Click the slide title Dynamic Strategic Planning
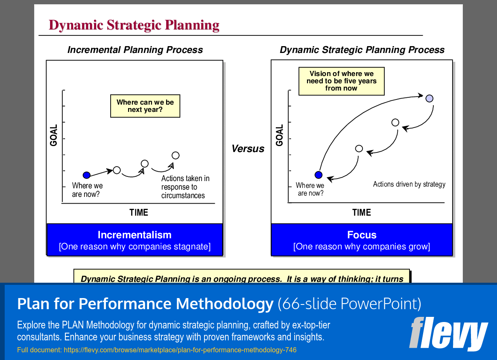pos(134,25)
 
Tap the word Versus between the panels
pos(248,149)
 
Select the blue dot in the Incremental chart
pos(87,175)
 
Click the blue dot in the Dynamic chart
pos(318,175)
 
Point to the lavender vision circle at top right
pos(430,98)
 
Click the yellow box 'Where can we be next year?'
pos(145,106)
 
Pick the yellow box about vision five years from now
pos(341,81)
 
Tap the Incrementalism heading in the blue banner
pos(134,235)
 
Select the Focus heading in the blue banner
pos(362,235)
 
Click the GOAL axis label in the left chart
pos(54,135)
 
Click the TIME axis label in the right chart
pos(361,212)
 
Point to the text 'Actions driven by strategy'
pos(409,184)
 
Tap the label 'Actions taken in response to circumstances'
pos(185,187)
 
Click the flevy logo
pos(448,334)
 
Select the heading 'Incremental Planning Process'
pos(135,50)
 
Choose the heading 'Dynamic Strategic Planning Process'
pos(362,50)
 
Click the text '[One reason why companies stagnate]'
pos(134,247)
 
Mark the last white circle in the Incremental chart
pos(175,155)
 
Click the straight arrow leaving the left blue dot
pos(102,172)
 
